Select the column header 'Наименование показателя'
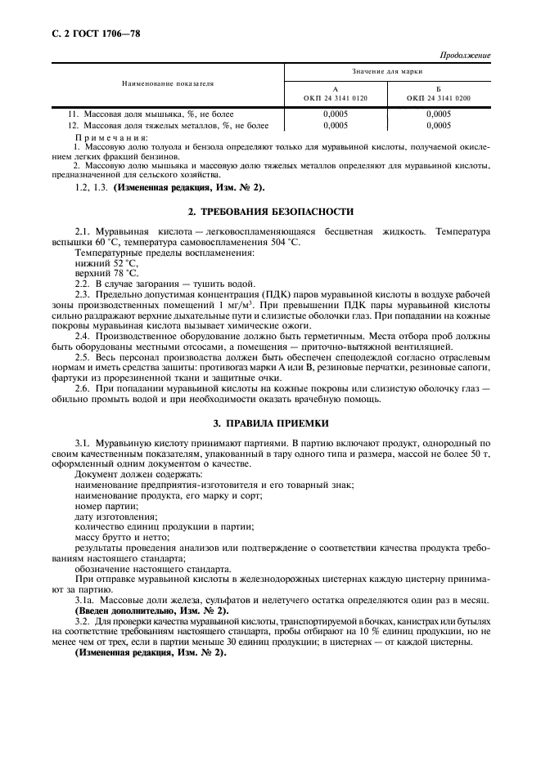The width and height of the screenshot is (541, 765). pyautogui.click(x=168, y=84)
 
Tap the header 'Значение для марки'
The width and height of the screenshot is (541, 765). pyautogui.click(x=387, y=72)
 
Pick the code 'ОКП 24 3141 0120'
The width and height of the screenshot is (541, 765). pyautogui.click(x=336, y=97)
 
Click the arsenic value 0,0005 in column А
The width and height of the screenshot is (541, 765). pyautogui.click(x=336, y=114)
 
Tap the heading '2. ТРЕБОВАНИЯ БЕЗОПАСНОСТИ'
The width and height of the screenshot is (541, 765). pyautogui.click(x=271, y=212)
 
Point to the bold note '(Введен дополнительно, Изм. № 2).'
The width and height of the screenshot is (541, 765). pyautogui.click(x=151, y=610)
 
